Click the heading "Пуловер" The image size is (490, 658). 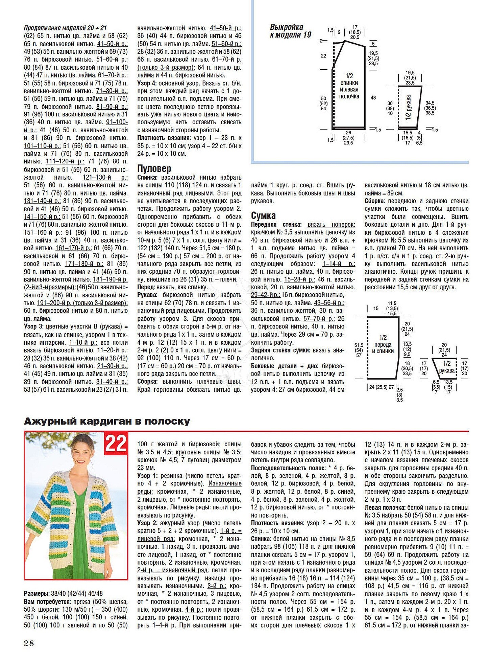click(154, 168)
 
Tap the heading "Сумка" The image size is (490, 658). click(263, 215)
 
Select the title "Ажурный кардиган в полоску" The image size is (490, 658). click(107, 421)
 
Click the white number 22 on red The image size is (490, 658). click(116, 443)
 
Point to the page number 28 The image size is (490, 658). click(29, 643)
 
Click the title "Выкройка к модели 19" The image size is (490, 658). click(290, 31)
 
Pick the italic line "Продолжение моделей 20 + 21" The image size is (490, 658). click(65, 28)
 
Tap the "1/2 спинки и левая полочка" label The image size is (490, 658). click(349, 86)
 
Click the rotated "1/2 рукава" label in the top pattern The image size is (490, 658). click(409, 108)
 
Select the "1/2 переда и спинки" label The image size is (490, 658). click(383, 344)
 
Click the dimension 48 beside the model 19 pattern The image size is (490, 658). click(373, 98)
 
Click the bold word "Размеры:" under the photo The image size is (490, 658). click(37, 593)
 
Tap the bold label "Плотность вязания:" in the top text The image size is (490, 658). click(164, 138)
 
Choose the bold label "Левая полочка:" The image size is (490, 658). click(385, 507)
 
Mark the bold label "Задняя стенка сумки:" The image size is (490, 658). click(280, 350)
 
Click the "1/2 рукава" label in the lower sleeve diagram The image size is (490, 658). click(447, 367)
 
